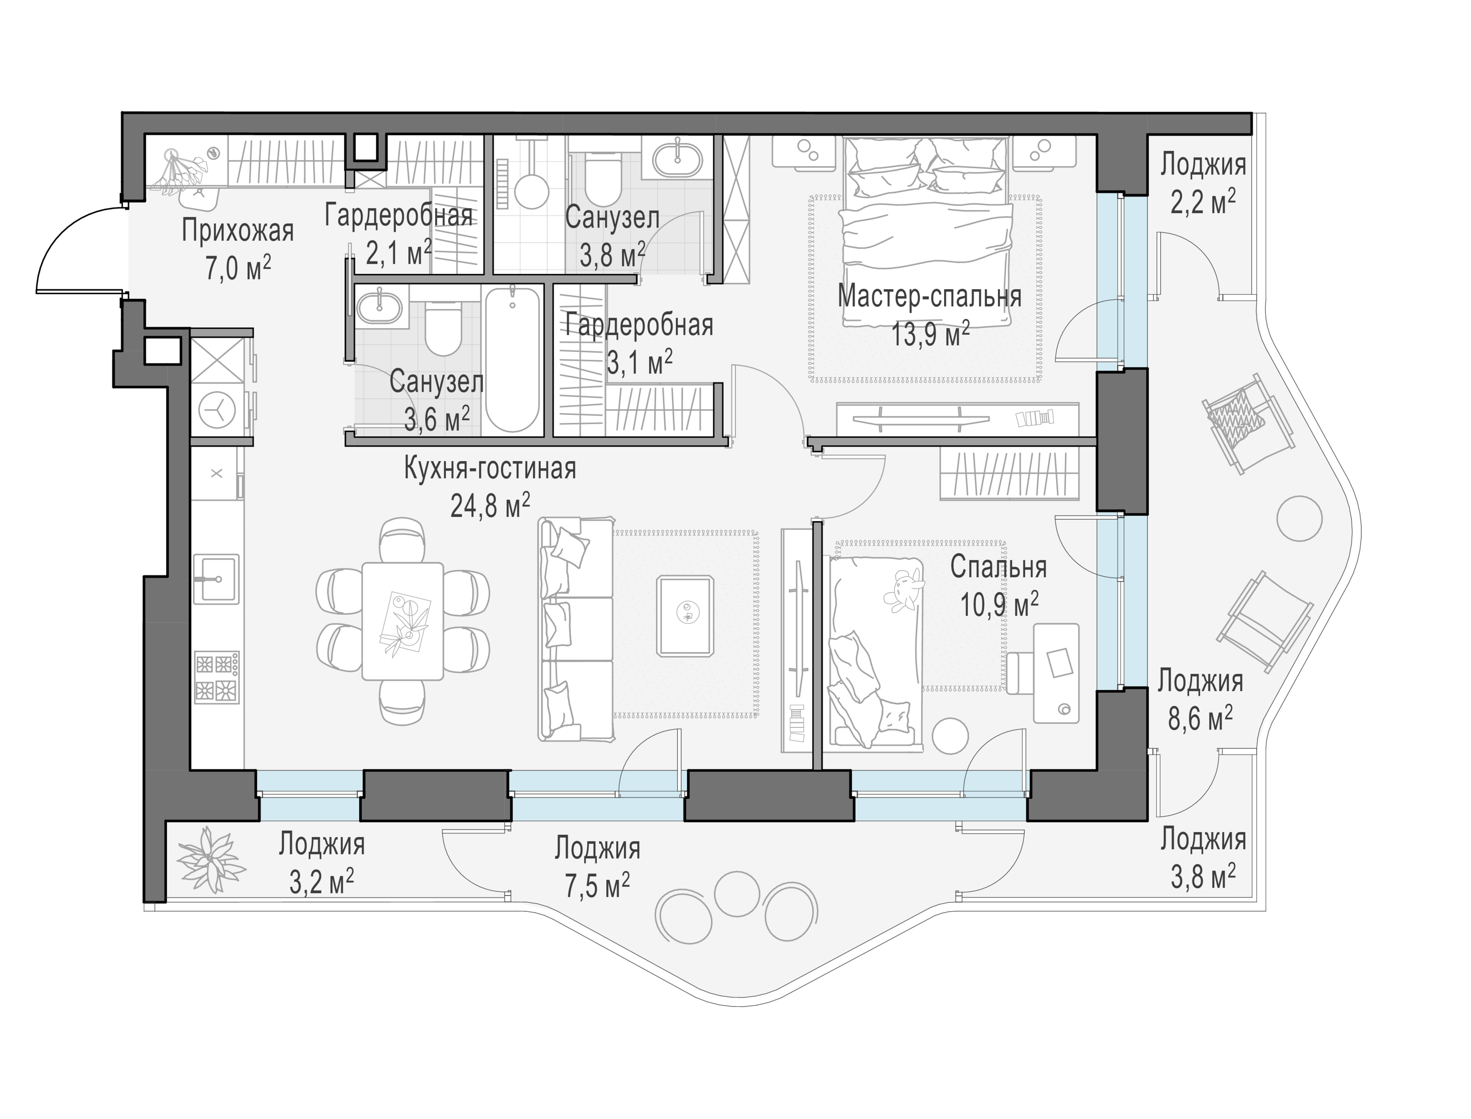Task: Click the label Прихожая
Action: pyautogui.click(x=238, y=231)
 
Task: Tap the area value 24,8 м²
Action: pyautogui.click(x=490, y=506)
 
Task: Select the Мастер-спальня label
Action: pyautogui.click(x=929, y=296)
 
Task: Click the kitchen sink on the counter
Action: pyautogui.click(x=216, y=579)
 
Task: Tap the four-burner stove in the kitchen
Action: pyautogui.click(x=217, y=677)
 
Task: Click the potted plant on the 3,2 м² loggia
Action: pyautogui.click(x=210, y=859)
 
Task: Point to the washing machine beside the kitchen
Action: pyautogui.click(x=217, y=410)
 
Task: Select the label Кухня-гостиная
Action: pyautogui.click(x=490, y=469)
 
